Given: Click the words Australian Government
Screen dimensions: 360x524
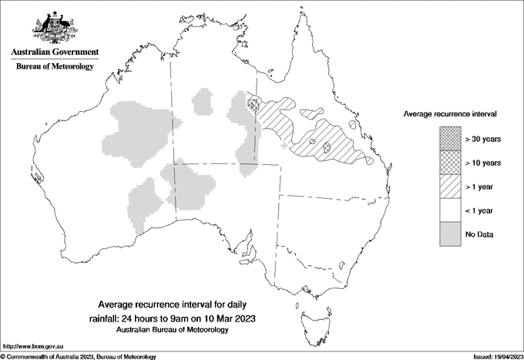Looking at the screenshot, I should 54,52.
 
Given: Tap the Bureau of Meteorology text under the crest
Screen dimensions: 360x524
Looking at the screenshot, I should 54,66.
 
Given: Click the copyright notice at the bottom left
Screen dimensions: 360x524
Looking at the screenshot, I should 78,356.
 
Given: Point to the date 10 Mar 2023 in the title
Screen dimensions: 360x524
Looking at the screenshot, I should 229,318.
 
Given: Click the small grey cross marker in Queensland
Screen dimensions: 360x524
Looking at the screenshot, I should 285,145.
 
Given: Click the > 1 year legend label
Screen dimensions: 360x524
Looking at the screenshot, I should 479,187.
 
